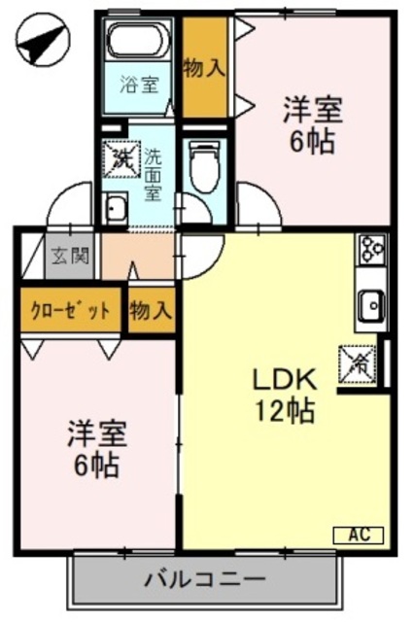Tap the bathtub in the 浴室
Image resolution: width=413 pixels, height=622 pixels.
[140, 42]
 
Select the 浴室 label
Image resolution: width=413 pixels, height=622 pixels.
[138, 84]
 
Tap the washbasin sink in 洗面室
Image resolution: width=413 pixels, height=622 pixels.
[116, 206]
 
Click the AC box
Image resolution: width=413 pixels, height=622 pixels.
[359, 535]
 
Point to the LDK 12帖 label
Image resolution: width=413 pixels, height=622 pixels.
[284, 394]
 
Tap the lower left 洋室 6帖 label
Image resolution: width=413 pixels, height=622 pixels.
[94, 449]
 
